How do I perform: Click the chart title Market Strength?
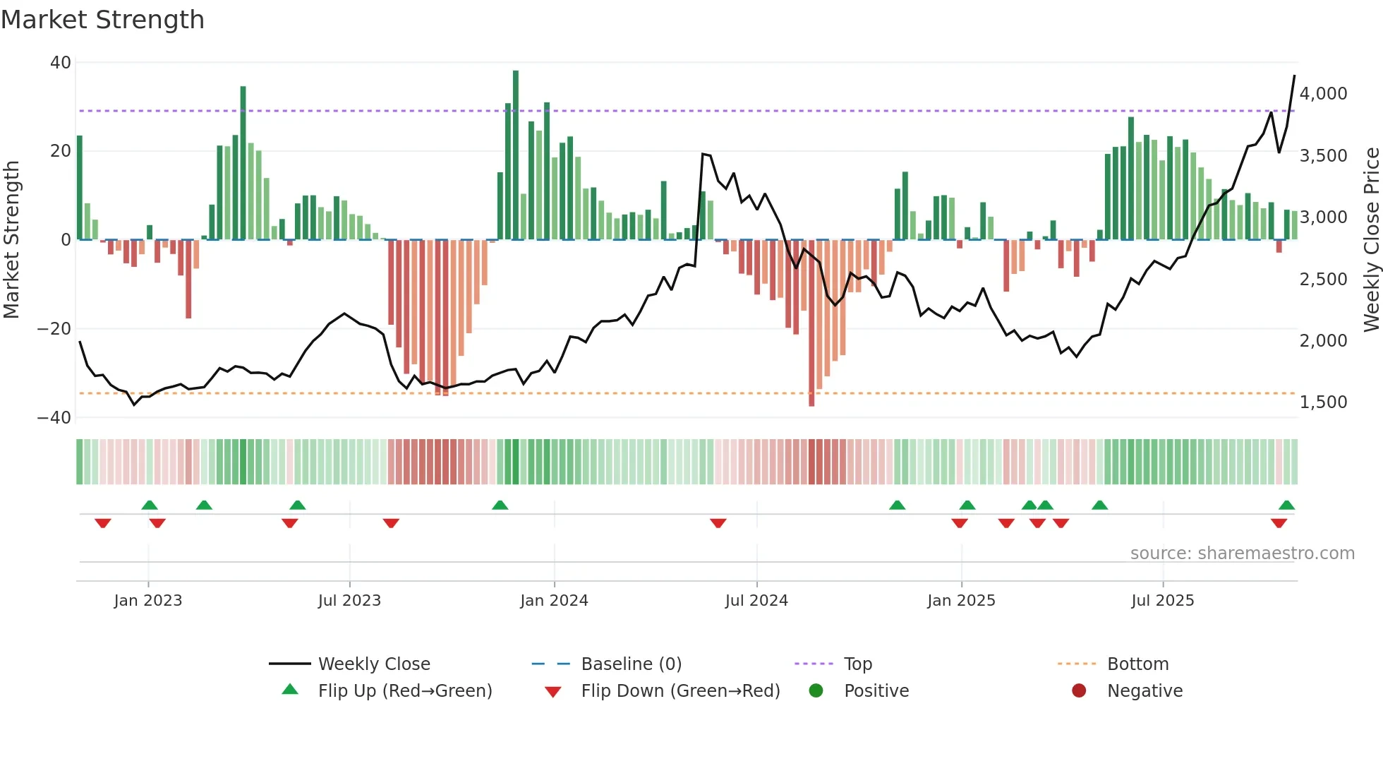click(x=102, y=20)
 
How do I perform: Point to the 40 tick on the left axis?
click(x=61, y=63)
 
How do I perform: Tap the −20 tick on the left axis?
click(x=54, y=329)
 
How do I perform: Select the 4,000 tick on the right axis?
click(x=1323, y=94)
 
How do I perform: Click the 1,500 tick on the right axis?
click(x=1323, y=402)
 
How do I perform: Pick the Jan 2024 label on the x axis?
click(x=554, y=601)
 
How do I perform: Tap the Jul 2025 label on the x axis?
click(x=1162, y=601)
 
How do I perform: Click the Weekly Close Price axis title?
click(x=1371, y=240)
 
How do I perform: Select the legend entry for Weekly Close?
click(x=374, y=664)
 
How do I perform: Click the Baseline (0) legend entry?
click(x=631, y=664)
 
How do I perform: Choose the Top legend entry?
click(x=858, y=664)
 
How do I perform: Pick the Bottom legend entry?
click(x=1137, y=664)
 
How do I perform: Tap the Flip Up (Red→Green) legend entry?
click(x=404, y=691)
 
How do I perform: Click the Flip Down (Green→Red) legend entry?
click(x=680, y=691)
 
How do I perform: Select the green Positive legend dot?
click(x=816, y=691)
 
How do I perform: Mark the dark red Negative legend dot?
click(x=1079, y=691)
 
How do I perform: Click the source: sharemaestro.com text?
click(x=1242, y=553)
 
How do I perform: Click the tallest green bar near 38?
click(x=516, y=155)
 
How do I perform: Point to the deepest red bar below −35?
click(x=811, y=325)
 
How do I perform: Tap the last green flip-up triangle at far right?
click(x=1286, y=505)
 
